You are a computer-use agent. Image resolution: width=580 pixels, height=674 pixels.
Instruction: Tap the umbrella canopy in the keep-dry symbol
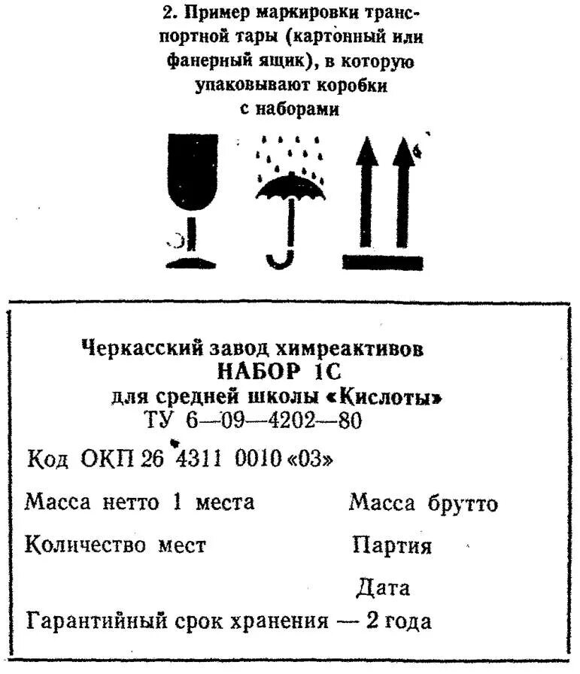pyautogui.click(x=290, y=187)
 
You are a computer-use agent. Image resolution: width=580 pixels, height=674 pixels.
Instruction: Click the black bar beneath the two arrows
pyautogui.click(x=381, y=262)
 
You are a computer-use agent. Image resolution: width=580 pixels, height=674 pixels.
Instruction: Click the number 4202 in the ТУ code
pyautogui.click(x=296, y=420)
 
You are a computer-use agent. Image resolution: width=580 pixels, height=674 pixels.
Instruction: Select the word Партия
pyautogui.click(x=392, y=545)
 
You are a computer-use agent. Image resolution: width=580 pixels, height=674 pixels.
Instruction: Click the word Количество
pyautogui.click(x=85, y=545)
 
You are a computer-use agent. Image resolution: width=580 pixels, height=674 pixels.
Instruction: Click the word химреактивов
pyautogui.click(x=351, y=348)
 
